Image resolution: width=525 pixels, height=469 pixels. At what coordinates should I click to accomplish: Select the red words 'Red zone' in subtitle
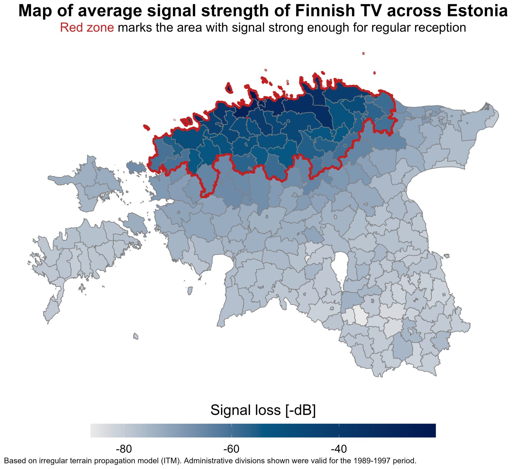pyautogui.click(x=87, y=28)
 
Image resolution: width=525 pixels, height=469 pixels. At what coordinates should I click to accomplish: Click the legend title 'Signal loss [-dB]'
pyautogui.click(x=263, y=410)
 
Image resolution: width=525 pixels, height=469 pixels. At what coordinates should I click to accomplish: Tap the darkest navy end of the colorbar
pyautogui.click(x=432, y=431)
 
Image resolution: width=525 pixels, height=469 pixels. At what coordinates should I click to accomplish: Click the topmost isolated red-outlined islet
pyautogui.click(x=363, y=54)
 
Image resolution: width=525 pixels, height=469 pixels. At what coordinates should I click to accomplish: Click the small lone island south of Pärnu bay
pyautogui.click(x=136, y=336)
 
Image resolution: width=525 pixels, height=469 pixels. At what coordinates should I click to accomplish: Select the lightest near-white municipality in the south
pyautogui.click(x=361, y=315)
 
